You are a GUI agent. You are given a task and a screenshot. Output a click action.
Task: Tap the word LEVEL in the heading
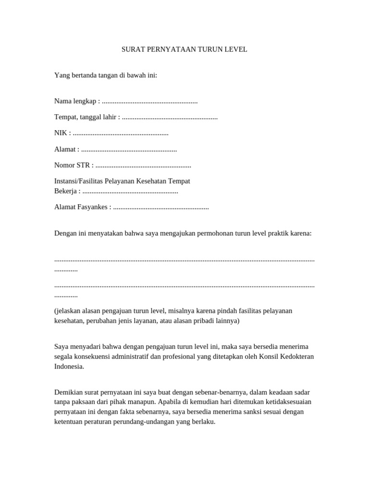pos(235,49)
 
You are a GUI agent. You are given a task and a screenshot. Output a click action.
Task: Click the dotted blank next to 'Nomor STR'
pos(143,165)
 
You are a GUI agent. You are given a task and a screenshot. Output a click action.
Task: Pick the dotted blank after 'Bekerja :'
pos(130,191)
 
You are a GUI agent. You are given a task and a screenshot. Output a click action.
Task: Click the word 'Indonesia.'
pos(69,366)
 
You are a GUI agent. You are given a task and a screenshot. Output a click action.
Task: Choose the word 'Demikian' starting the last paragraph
pos(68,392)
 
